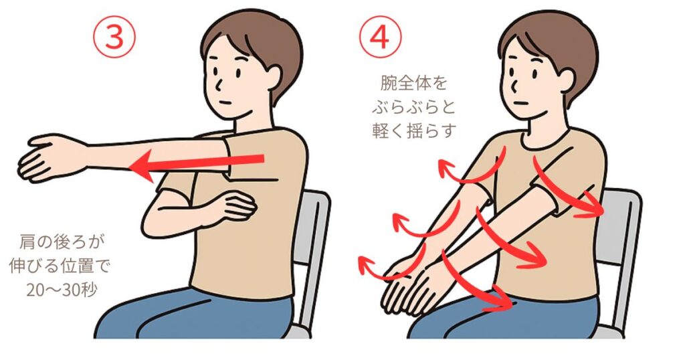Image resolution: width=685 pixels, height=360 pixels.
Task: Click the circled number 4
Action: coord(380,37)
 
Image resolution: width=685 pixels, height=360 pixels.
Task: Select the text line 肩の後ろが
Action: coord(62,242)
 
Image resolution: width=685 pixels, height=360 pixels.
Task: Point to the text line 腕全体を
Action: coord(413,83)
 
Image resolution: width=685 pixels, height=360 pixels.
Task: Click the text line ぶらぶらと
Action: coord(413,106)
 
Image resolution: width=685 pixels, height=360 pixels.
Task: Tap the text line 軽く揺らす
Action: coord(414,130)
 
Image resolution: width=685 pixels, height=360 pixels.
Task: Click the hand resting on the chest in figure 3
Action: coord(236,205)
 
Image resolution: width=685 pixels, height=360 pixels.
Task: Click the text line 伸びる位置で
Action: coord(60,266)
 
